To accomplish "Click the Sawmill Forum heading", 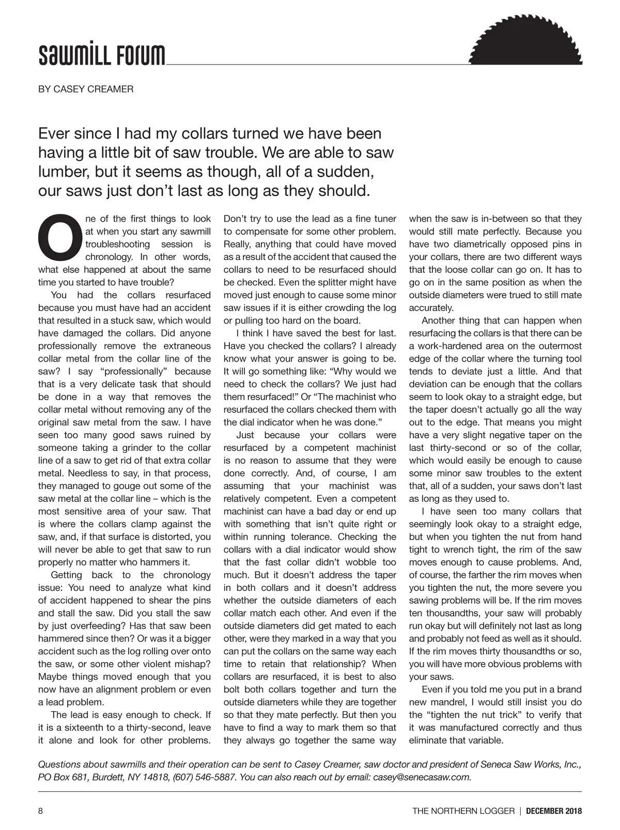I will [102, 54].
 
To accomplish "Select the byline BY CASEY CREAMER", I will [86, 89].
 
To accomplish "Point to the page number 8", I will [41, 811].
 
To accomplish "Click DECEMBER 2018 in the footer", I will [554, 811].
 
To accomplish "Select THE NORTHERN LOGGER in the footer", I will [463, 811].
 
